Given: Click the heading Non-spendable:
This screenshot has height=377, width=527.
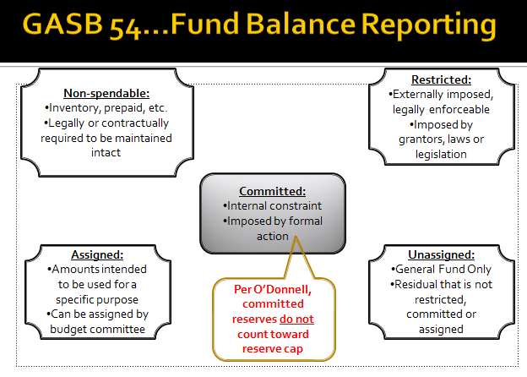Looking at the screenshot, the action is pos(106,93).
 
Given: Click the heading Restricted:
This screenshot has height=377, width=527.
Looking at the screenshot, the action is pos(442,79).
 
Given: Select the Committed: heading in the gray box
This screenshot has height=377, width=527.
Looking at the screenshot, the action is pos(273,191).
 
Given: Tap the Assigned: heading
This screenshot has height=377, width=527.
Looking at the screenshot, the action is pos(97,254).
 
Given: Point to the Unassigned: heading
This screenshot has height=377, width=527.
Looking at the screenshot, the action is pos(442,254).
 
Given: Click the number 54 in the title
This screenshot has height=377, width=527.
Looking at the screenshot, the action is pos(124,25).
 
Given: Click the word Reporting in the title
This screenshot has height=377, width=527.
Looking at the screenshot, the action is pos(429,25).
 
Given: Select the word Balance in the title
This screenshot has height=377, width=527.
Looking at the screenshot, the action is pos(301,24).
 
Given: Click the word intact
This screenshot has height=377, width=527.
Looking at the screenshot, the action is pos(106,152).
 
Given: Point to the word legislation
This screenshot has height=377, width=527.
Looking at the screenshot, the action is pos(441,154).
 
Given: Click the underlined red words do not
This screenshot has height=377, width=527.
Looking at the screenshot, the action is pos(296,319).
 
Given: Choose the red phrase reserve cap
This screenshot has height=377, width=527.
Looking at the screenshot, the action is pos(273,349).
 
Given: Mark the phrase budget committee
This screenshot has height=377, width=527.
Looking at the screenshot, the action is pos(97,329).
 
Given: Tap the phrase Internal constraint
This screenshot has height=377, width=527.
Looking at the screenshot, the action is pos(274,205).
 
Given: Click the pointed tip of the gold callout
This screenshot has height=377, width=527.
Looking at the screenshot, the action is pos(296,237).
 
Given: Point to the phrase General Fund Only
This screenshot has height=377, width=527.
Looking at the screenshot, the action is pos(443,270).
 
